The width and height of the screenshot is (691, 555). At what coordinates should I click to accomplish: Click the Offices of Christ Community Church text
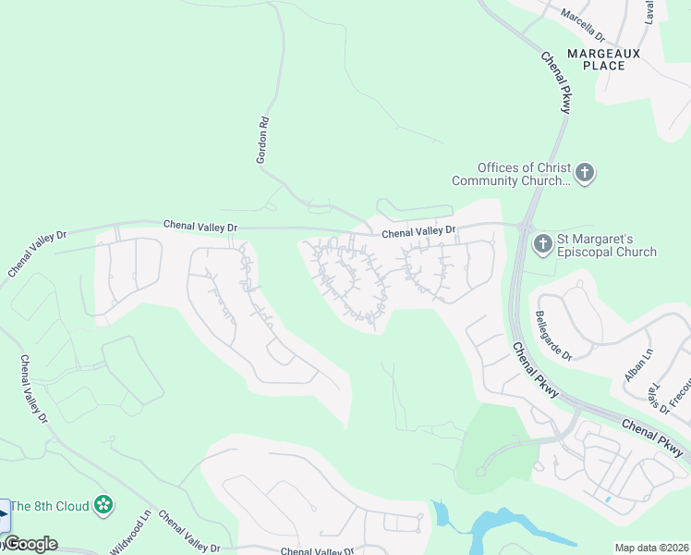(x=511, y=174)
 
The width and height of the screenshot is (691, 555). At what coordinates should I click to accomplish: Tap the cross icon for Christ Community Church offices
(x=584, y=172)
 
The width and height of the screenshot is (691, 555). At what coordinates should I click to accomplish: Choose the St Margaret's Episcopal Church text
(x=608, y=244)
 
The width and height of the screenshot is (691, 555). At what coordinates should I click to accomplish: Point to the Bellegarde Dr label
(x=553, y=335)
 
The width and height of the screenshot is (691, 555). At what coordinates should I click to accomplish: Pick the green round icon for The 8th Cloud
(x=104, y=505)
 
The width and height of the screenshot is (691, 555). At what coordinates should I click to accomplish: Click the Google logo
(x=30, y=544)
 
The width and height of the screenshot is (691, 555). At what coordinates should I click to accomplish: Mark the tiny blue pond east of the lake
(x=607, y=499)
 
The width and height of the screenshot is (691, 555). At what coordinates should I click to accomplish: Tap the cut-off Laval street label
(x=650, y=11)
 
